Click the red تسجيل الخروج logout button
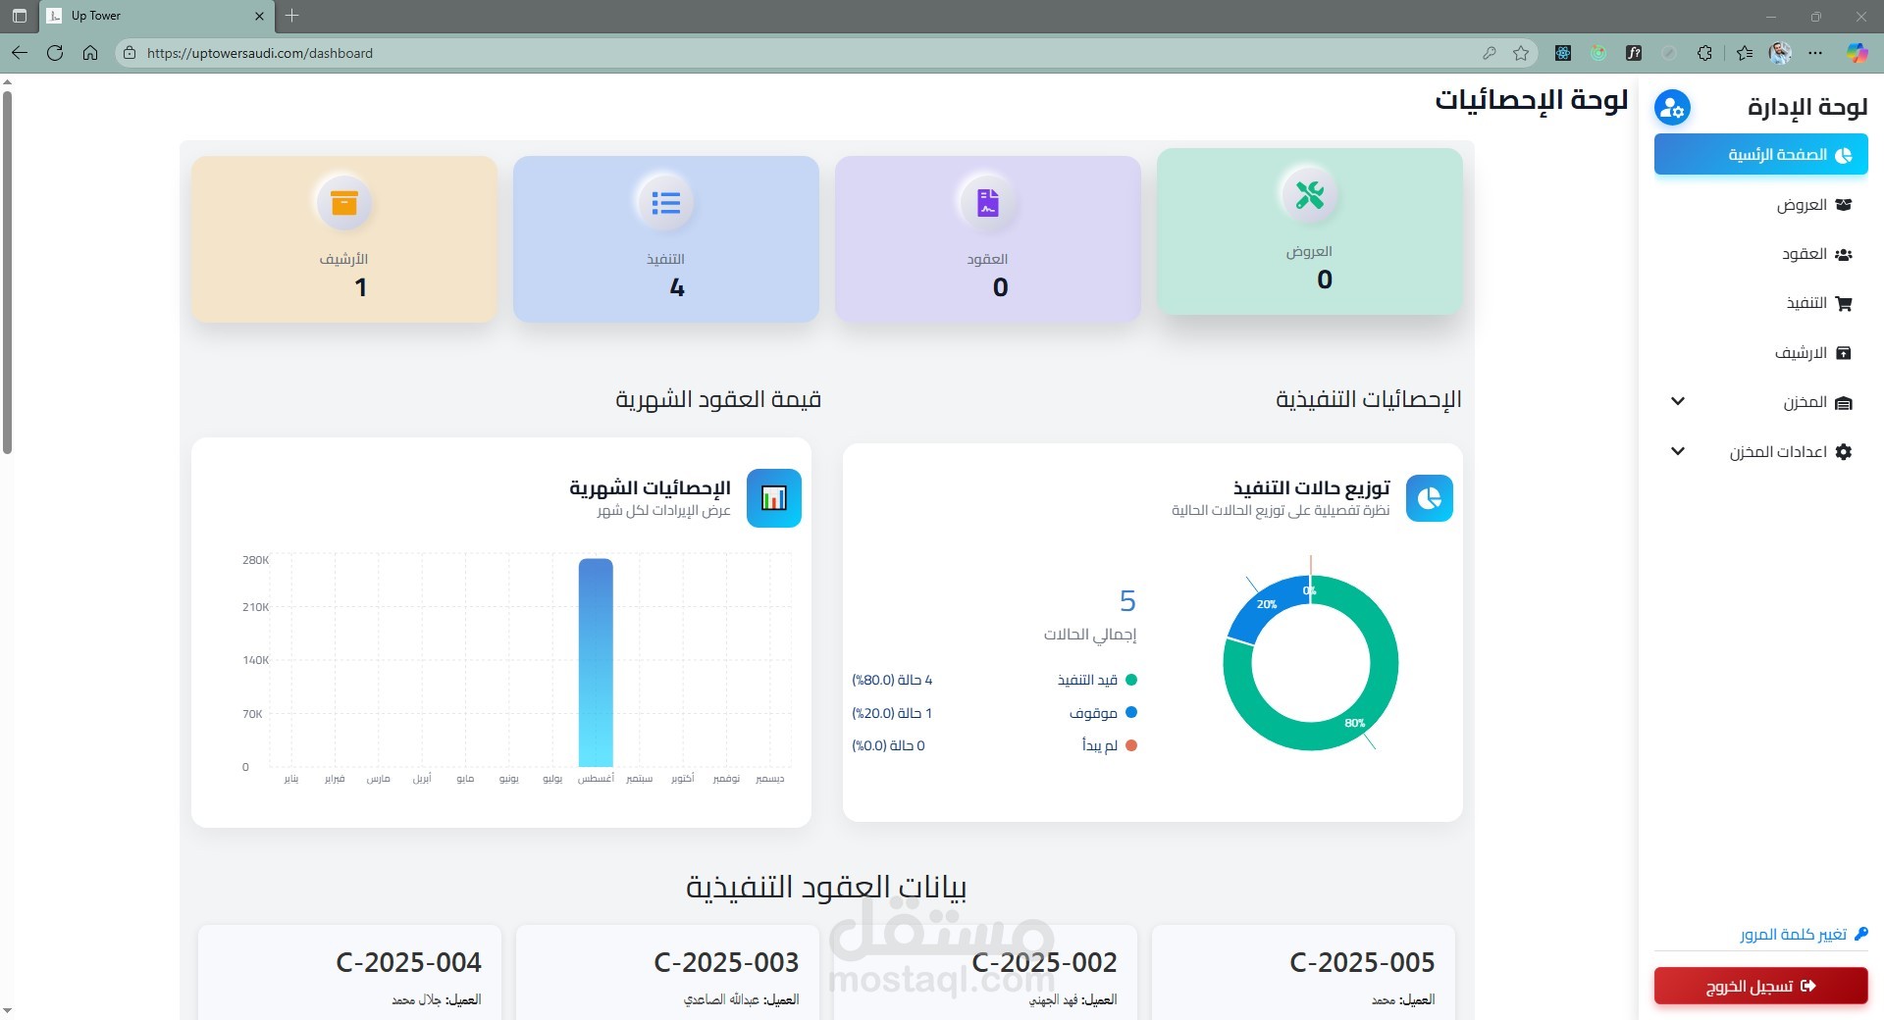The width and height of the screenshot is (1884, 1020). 1760,986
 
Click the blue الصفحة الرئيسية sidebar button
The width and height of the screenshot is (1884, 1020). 1760,155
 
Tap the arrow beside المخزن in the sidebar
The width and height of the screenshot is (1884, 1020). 1678,401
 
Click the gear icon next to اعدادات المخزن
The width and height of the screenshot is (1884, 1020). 1844,452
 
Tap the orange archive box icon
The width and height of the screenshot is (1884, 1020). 344,202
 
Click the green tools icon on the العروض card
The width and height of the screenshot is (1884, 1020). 1309,194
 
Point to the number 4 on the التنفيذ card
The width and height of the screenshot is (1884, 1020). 677,287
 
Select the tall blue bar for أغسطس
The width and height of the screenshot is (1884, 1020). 596,662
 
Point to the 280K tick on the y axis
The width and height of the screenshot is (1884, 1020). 255,560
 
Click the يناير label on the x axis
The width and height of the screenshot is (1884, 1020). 291,779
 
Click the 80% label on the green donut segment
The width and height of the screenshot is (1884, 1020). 1355,723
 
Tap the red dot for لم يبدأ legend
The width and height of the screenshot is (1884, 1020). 1131,745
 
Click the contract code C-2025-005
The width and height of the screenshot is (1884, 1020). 1362,962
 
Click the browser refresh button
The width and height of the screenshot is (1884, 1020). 55,53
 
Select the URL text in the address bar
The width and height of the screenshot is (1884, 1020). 260,53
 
